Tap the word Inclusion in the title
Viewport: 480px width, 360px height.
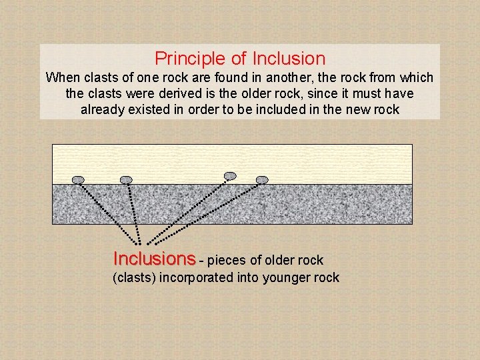[289, 59]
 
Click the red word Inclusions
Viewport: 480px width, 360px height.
[155, 258]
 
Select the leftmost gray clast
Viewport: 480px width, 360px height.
[78, 179]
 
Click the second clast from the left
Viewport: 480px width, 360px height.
[126, 179]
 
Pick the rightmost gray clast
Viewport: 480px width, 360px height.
[262, 179]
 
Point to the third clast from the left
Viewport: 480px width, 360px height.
[230, 175]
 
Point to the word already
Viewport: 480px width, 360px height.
[103, 110]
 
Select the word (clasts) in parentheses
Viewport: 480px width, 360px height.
[134, 278]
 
